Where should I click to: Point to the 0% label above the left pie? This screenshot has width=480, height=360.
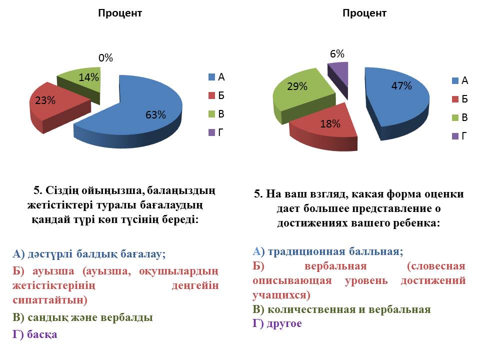click(105, 58)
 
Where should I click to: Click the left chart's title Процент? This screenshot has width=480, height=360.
click(120, 13)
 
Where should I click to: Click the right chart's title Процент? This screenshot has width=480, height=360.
click(364, 13)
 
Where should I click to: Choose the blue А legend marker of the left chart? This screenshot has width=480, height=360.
click(212, 77)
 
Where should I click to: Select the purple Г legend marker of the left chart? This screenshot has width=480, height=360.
click(212, 132)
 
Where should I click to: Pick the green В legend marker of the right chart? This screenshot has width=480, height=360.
click(455, 118)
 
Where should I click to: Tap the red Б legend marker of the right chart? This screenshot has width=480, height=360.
click(455, 99)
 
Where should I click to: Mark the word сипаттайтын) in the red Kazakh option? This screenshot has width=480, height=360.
click(49, 300)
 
